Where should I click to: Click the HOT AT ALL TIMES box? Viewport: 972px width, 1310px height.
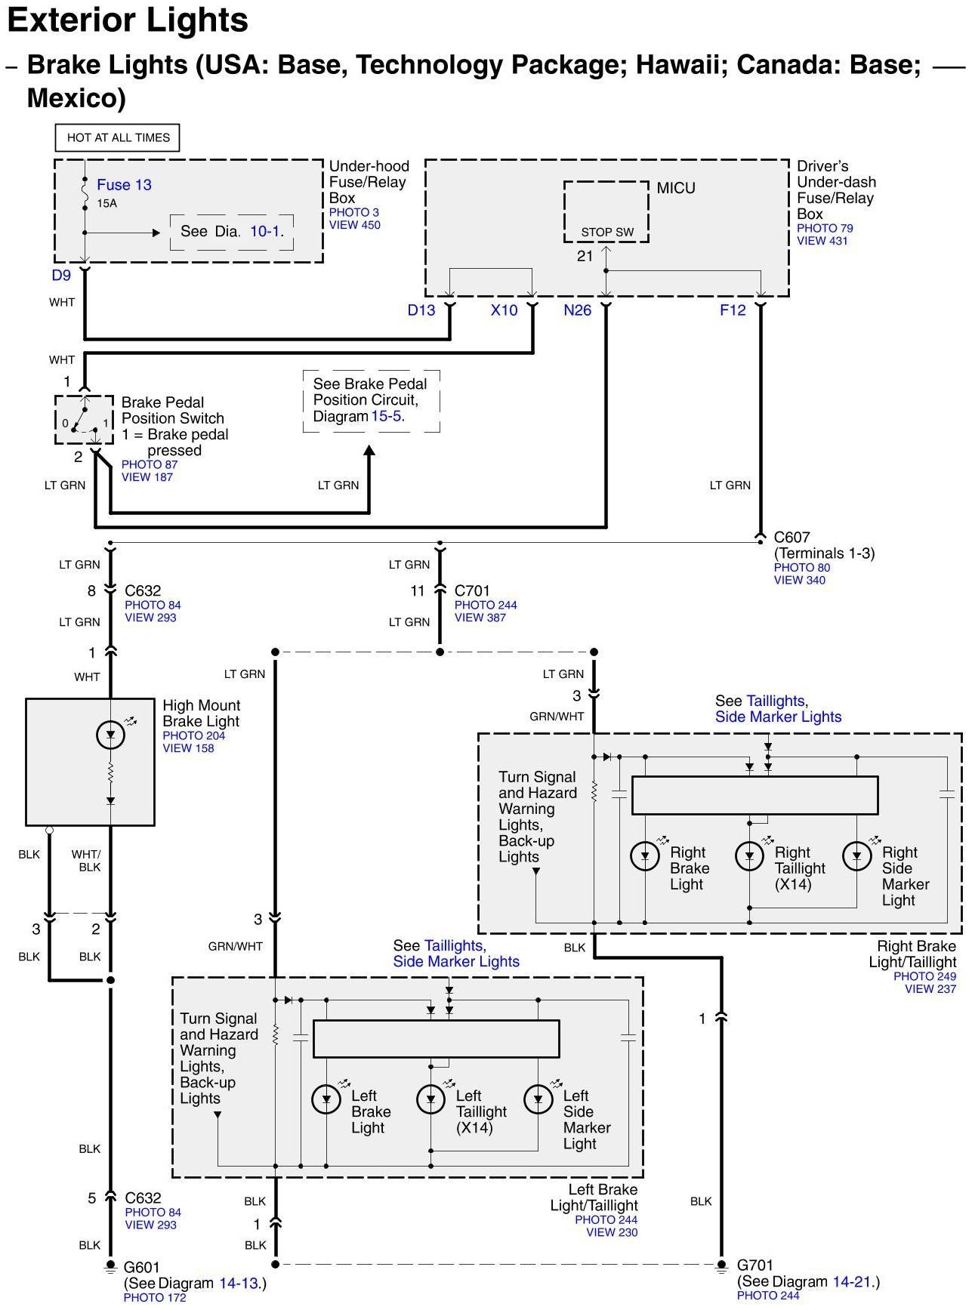pyautogui.click(x=118, y=137)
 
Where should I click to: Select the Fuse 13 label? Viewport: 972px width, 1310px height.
pyautogui.click(x=124, y=185)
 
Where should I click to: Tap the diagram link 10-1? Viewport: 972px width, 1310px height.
pyautogui.click(x=265, y=231)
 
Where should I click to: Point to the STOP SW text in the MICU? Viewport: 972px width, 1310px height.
pyautogui.click(x=607, y=233)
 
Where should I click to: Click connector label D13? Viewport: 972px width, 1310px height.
pyautogui.click(x=421, y=310)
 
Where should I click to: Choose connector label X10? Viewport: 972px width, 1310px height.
pyautogui.click(x=505, y=310)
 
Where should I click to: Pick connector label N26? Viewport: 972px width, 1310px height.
pyautogui.click(x=578, y=310)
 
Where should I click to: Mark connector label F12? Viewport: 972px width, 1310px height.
pyautogui.click(x=733, y=310)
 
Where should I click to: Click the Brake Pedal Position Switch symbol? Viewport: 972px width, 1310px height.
pyautogui.click(x=84, y=420)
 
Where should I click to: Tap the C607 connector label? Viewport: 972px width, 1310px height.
pyautogui.click(x=792, y=538)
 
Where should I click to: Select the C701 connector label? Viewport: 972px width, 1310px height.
pyautogui.click(x=473, y=591)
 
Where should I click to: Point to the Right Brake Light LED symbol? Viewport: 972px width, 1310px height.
pyautogui.click(x=646, y=856)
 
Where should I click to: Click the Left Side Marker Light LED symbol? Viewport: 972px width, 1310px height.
pyautogui.click(x=538, y=1099)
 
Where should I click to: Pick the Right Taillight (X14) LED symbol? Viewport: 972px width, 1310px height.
pyautogui.click(x=750, y=856)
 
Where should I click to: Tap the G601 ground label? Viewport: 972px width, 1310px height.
pyautogui.click(x=142, y=1267)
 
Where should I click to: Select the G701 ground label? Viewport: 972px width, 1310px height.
pyautogui.click(x=755, y=1265)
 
